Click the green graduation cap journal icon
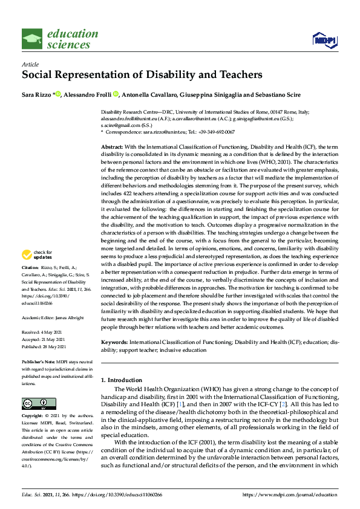click(32, 39)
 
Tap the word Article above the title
click(30, 63)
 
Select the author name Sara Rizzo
click(38, 94)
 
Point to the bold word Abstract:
click(112, 148)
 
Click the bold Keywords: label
click(115, 343)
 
